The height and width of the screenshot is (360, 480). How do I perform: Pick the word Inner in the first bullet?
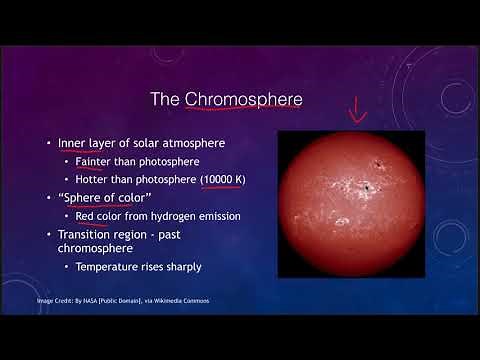[x=76, y=143]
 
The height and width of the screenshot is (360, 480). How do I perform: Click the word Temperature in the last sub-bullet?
[x=109, y=267]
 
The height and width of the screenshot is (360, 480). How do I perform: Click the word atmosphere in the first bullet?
[x=201, y=143]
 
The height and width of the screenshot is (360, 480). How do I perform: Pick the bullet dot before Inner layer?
[x=48, y=143]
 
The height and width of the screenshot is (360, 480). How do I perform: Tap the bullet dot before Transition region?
[x=48, y=234]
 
